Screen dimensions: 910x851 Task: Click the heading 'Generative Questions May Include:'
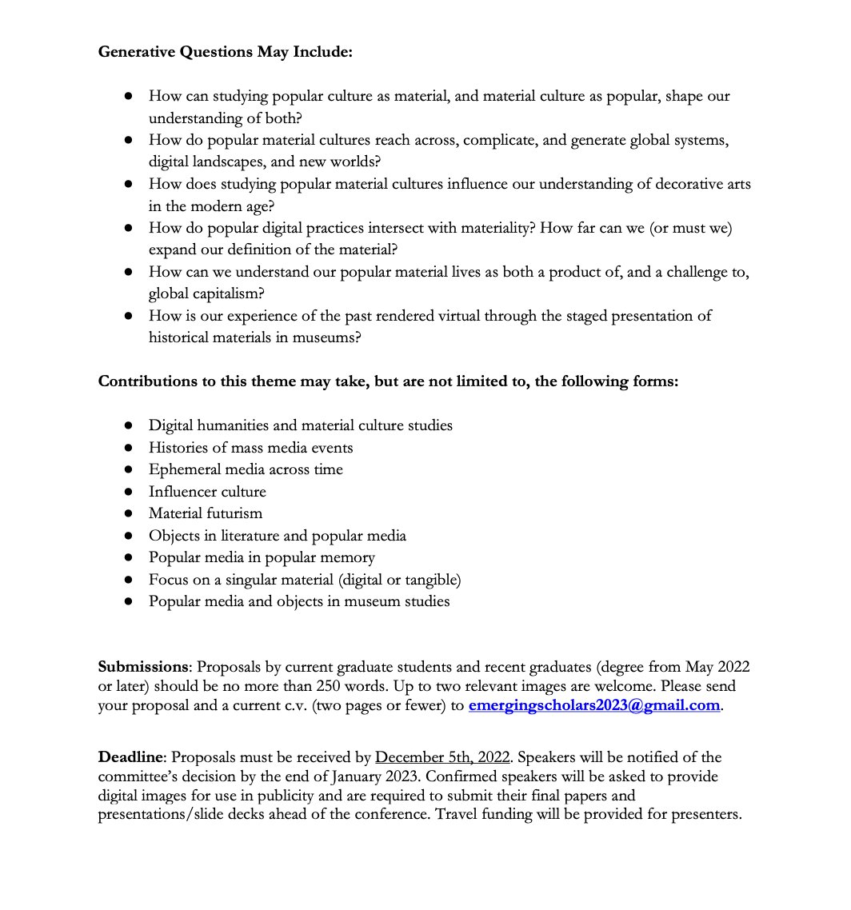(x=225, y=52)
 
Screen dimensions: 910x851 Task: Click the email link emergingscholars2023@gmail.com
(x=594, y=705)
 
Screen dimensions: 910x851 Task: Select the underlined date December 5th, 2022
(x=442, y=756)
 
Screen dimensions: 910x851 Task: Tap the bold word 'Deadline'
(x=132, y=756)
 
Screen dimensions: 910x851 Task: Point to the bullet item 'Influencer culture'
(x=207, y=491)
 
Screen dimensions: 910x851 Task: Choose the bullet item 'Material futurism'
(x=205, y=513)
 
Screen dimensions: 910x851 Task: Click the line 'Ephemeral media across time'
(x=246, y=469)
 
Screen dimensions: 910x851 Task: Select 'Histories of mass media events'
(x=250, y=447)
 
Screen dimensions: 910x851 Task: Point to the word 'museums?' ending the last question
(x=328, y=337)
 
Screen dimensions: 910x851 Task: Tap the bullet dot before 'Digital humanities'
(x=128, y=425)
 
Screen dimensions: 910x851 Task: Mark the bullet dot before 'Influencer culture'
(x=128, y=492)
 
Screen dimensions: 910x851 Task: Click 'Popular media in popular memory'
(x=262, y=557)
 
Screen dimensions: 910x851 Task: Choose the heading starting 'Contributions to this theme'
(x=388, y=381)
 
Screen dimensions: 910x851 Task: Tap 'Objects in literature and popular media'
(x=277, y=535)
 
